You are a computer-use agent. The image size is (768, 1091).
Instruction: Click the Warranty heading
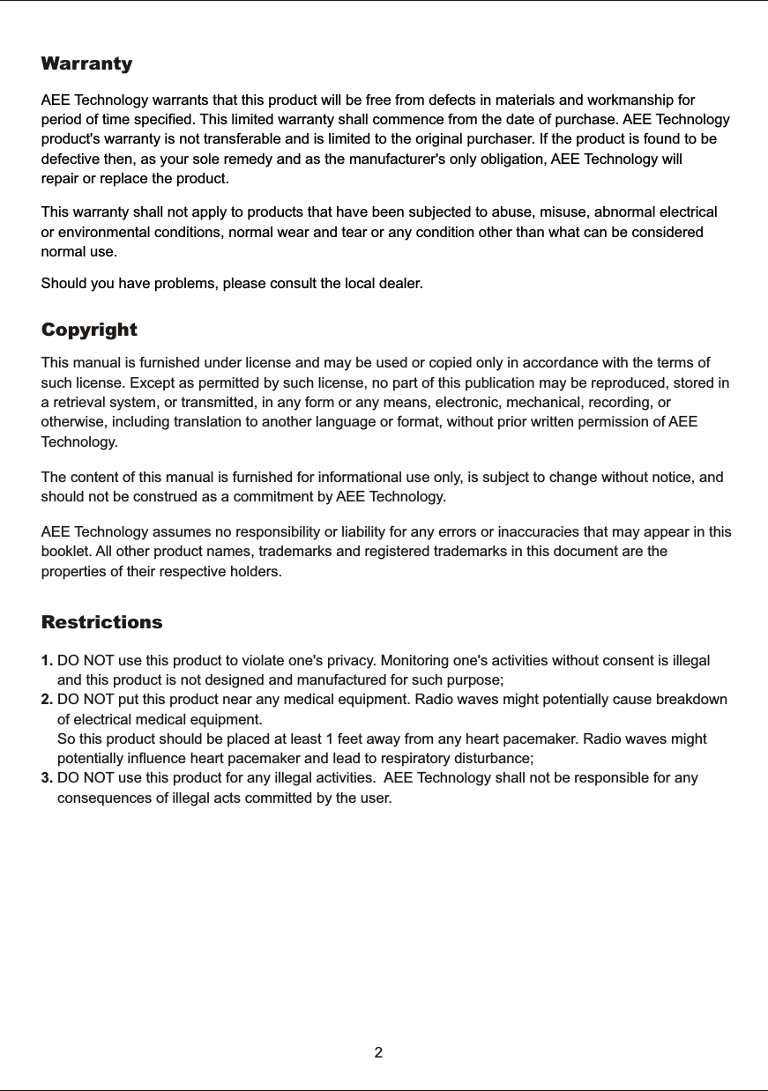(x=87, y=64)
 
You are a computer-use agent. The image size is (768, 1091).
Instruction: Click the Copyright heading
(x=89, y=330)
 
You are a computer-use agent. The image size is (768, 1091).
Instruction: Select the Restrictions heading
(x=102, y=622)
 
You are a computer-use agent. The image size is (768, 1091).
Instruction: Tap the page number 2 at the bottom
(x=378, y=1052)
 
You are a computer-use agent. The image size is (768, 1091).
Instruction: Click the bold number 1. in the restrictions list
(x=48, y=662)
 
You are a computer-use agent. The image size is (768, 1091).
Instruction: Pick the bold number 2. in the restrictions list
(x=48, y=700)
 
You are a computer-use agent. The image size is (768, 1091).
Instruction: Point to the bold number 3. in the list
(x=48, y=777)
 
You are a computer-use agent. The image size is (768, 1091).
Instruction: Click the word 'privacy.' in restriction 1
(x=351, y=662)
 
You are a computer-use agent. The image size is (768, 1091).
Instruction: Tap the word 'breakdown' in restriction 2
(x=688, y=700)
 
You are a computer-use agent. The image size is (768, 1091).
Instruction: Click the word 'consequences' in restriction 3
(x=102, y=798)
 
